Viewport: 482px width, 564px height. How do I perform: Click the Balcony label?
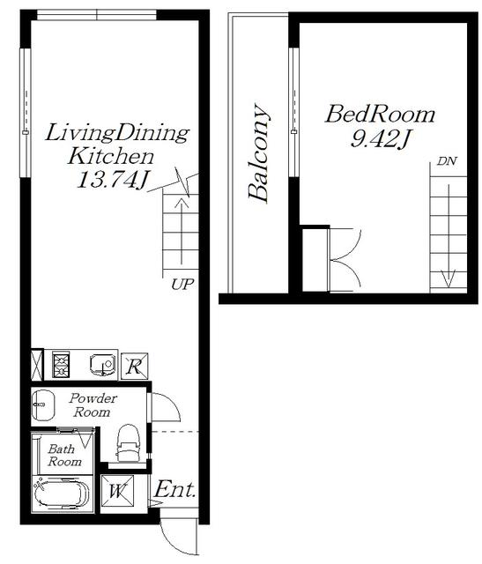click(259, 152)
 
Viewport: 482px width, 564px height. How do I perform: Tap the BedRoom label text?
click(380, 115)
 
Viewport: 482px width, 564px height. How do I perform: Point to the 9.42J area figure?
click(381, 139)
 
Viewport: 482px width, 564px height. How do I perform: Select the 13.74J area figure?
click(112, 180)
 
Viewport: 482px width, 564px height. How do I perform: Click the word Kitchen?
click(111, 156)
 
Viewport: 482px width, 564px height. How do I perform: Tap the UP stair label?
click(182, 285)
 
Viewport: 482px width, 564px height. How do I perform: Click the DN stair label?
click(447, 161)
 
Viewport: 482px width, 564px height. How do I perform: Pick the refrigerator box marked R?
click(135, 367)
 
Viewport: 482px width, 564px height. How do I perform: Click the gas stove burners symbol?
click(61, 364)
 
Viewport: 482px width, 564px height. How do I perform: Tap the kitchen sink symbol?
click(103, 364)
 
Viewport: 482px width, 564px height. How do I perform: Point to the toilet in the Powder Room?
click(128, 442)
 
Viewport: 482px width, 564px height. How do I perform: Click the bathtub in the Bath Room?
click(62, 493)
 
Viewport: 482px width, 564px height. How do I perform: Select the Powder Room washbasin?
click(43, 404)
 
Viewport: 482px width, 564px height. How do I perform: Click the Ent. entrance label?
click(175, 489)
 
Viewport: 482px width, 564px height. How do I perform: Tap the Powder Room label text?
click(93, 405)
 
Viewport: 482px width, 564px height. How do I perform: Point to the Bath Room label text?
click(64, 455)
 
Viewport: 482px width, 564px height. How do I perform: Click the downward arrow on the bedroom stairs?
click(449, 236)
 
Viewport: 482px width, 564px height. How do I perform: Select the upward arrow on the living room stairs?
click(182, 230)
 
